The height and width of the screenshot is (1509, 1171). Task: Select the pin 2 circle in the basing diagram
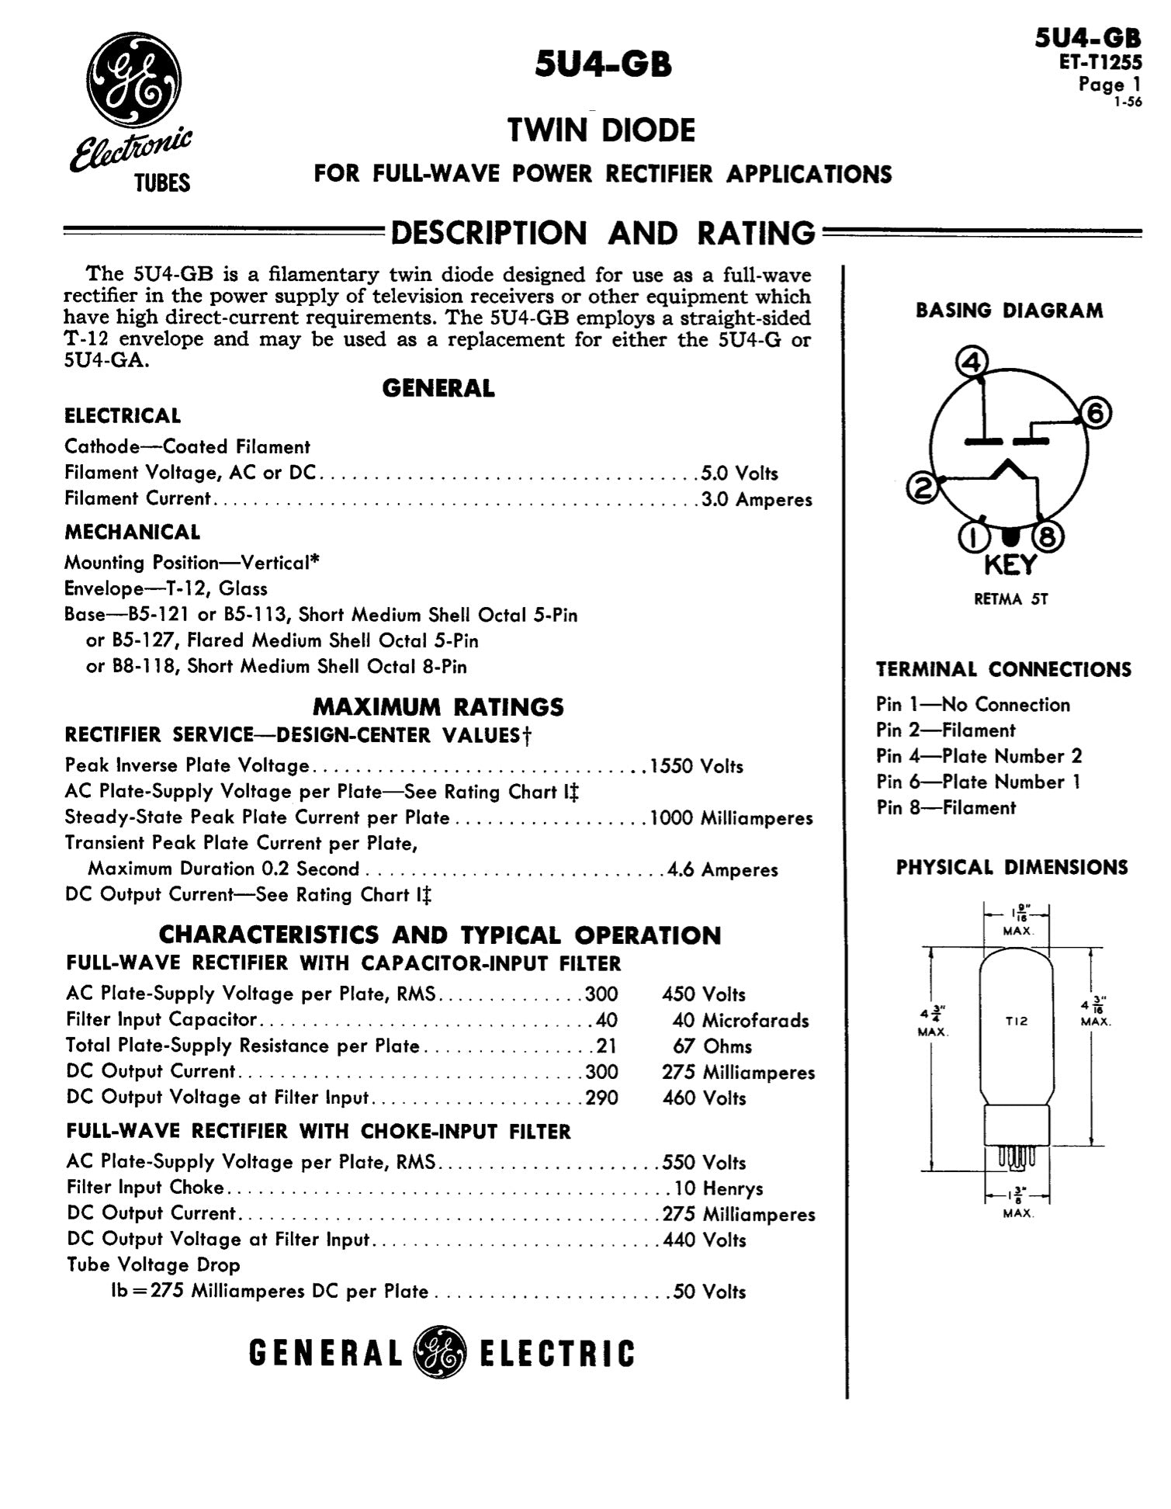tap(923, 487)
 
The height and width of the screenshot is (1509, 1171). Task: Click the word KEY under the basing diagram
tap(1010, 565)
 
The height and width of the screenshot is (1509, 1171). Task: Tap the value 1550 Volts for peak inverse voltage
tap(696, 766)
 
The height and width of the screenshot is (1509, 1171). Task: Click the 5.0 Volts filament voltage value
tap(740, 473)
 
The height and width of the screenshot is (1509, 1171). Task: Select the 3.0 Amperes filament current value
tap(757, 499)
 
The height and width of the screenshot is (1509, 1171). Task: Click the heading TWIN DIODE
tap(601, 130)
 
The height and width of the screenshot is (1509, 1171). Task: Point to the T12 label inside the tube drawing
tap(1016, 1021)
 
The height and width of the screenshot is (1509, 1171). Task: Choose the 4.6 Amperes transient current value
tap(722, 869)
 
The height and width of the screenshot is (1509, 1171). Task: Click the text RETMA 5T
tap(1010, 599)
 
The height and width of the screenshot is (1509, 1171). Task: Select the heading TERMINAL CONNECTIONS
tap(1003, 669)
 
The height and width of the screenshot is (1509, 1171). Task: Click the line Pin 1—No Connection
tap(973, 704)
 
